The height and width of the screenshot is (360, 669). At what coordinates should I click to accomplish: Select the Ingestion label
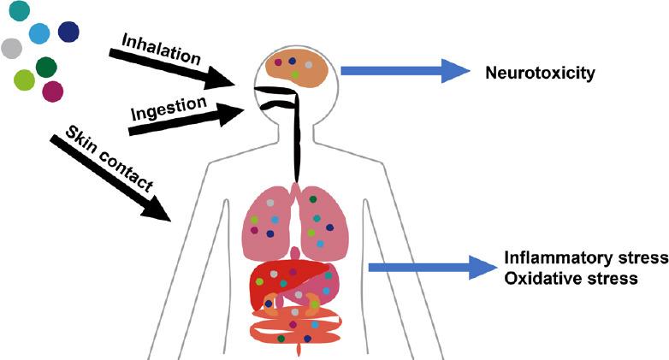[169, 109]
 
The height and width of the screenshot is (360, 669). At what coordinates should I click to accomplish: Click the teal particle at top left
[16, 11]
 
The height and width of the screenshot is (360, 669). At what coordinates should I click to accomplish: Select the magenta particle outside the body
[52, 90]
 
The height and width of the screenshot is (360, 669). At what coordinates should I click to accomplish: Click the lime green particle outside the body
[26, 80]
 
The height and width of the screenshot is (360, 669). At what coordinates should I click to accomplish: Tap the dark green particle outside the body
[47, 67]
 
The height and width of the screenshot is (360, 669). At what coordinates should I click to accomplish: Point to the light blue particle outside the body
[39, 33]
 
